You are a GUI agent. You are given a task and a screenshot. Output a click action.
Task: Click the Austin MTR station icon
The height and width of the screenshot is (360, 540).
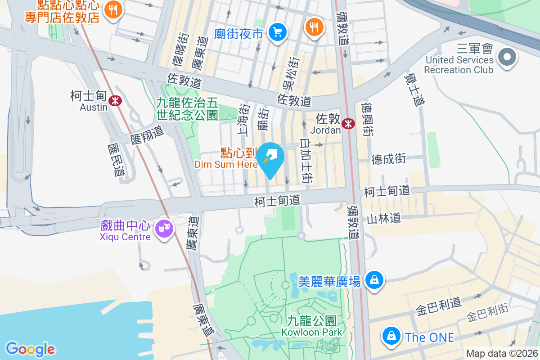tap(116, 100)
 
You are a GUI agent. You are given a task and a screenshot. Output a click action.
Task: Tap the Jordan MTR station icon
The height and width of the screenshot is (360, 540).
tap(348, 123)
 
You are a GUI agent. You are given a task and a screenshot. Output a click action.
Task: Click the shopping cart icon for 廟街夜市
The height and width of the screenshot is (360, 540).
tap(277, 32)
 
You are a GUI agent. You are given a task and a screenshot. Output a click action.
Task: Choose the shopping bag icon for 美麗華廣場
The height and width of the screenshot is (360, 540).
tap(374, 281)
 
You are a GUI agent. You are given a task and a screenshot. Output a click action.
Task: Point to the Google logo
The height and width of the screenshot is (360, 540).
tap(30, 349)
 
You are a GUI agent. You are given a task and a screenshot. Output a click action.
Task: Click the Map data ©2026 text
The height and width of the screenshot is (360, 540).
tap(501, 353)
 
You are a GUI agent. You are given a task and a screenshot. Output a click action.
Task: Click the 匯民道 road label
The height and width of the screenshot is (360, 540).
tap(116, 159)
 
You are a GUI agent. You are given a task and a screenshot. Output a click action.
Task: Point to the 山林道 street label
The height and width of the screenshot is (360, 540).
tap(383, 219)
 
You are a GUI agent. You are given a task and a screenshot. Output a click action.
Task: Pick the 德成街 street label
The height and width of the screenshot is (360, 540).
tap(388, 158)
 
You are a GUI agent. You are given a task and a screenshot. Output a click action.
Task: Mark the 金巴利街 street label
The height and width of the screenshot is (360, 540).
tap(487, 313)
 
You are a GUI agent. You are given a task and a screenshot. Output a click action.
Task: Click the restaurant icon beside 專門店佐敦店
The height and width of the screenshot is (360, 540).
tap(113, 10)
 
